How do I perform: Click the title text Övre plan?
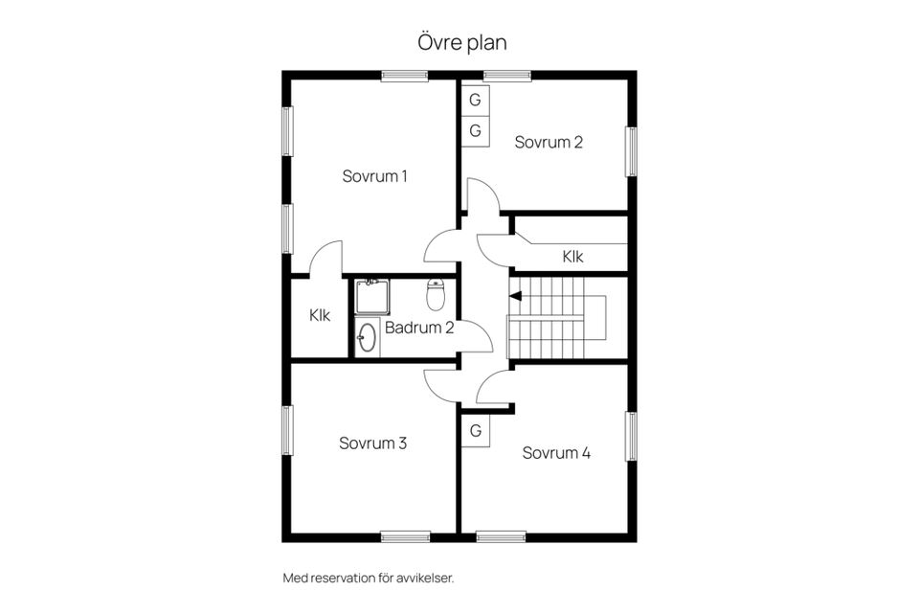pos(461,43)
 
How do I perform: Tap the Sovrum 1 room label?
pos(374,176)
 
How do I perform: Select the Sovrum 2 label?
pos(549,142)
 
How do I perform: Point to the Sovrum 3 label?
pos(372,443)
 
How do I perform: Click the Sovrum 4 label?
pos(556,453)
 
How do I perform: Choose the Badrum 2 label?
pos(419,328)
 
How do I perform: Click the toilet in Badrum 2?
pos(435,294)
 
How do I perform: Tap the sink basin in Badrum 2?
pos(367,337)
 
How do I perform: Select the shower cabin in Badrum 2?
pos(371,297)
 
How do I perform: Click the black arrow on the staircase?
pos(515,296)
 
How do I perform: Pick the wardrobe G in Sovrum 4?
pos(476,431)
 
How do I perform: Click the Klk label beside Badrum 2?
pos(320,315)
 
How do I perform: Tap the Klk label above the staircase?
pos(572,257)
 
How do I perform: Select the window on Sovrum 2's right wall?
pos(632,152)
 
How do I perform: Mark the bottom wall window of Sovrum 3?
pos(406,536)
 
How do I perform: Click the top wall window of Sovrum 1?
pos(404,76)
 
